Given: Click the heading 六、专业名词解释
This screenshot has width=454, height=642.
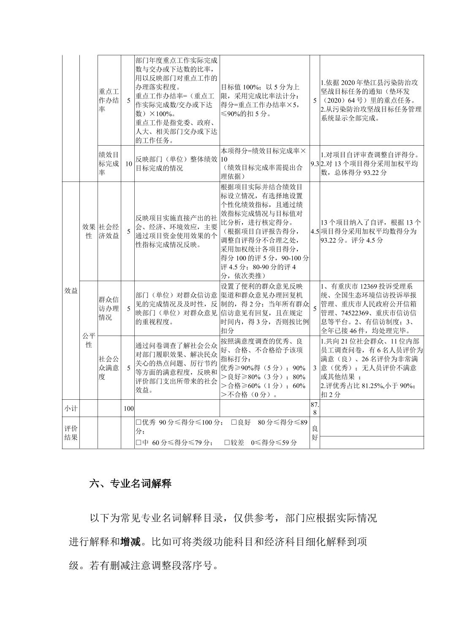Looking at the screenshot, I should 130,483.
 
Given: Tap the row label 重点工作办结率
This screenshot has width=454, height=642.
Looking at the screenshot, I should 109,100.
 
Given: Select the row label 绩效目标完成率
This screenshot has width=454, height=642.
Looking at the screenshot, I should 109,164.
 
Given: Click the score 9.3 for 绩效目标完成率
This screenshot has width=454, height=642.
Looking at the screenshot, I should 314,164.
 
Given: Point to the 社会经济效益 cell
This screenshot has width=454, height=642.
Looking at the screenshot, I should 109,231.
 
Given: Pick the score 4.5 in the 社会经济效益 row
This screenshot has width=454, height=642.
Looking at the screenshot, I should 314,231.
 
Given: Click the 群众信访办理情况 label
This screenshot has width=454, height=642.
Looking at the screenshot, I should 109,309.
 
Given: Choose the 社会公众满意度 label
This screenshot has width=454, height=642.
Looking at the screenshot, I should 109,368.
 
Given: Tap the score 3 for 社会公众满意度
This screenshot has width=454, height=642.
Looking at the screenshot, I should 315,368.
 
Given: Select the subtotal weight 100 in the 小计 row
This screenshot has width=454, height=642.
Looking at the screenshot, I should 128,409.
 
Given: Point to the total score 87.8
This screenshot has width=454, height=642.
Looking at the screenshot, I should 315,408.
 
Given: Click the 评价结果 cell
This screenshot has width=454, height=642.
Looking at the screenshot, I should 71,433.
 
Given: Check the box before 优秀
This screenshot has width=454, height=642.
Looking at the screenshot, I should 138,423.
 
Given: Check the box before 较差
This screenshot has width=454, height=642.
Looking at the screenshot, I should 227,442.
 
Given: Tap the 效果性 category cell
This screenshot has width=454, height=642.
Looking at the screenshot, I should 89,231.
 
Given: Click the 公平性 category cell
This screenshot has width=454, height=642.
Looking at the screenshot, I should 89,340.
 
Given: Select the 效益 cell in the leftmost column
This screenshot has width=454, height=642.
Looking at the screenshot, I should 71,290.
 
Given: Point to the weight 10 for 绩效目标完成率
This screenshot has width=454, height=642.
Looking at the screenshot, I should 128,164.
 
